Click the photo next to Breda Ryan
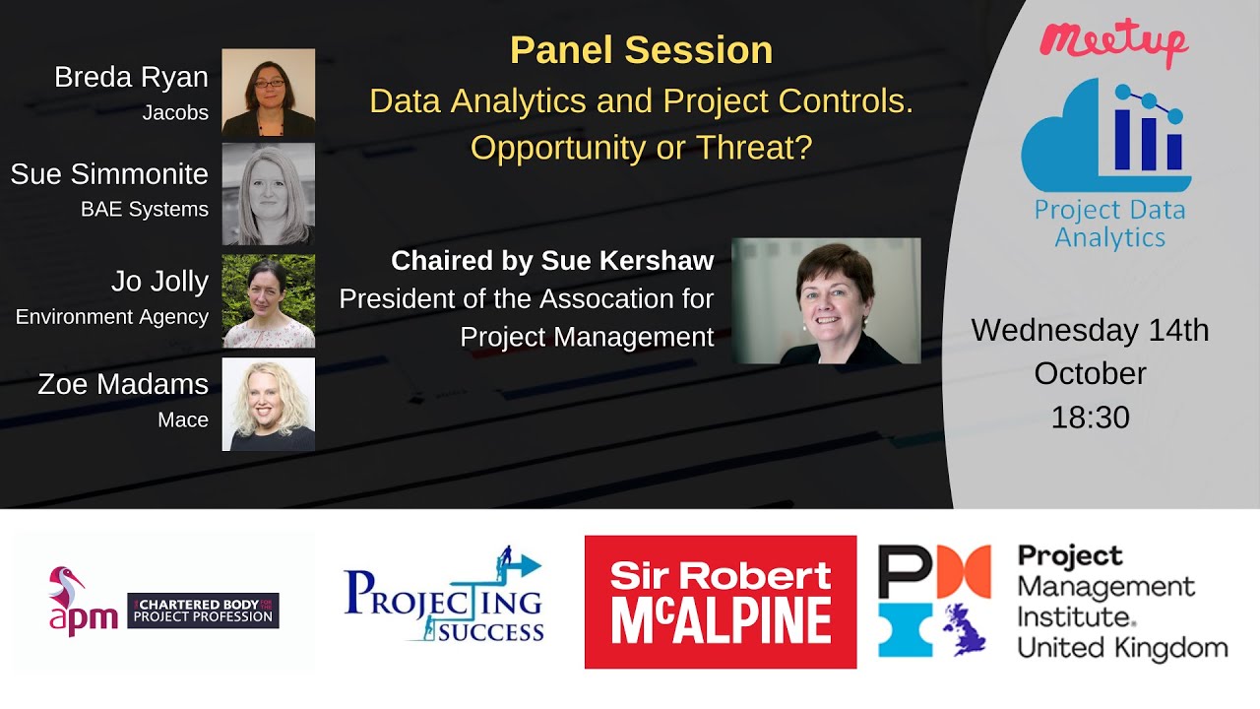coord(268,92)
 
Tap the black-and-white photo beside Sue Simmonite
coord(268,194)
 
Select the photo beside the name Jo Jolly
coord(268,300)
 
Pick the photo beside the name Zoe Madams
coord(268,404)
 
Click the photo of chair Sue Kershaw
coord(826,301)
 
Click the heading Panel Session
coord(641,50)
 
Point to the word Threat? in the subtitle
coord(760,147)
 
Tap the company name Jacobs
coord(175,113)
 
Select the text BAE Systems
coord(145,209)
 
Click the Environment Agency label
coord(112,317)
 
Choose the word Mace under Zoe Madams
coord(183,420)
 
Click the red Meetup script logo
coord(1113,40)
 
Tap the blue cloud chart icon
coord(1106,138)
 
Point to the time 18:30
coord(1090,418)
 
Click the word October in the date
coord(1090,373)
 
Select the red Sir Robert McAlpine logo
coord(720,602)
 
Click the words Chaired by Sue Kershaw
coord(552,261)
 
